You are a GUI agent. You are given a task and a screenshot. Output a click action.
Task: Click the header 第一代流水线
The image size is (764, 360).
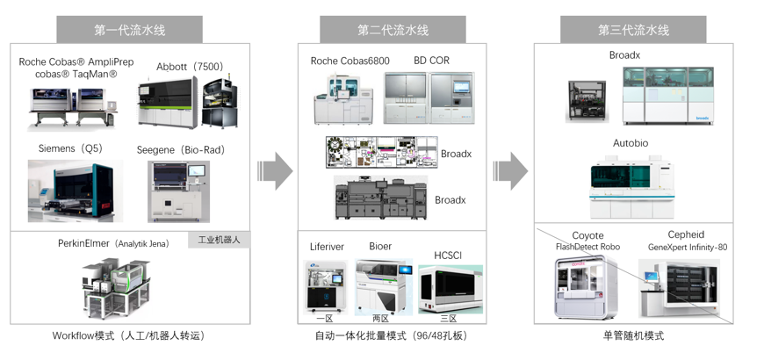tap(130, 29)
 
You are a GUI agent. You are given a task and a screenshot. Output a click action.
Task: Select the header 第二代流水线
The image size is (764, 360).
tap(393, 29)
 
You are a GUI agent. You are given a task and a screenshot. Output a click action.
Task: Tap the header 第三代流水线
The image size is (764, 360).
tap(633, 29)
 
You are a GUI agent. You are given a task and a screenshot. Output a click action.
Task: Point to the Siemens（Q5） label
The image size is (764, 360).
tap(69, 148)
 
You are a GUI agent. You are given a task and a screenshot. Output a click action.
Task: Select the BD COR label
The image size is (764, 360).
tap(431, 61)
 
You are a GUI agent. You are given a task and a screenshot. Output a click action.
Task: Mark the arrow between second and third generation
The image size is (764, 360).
tap(511, 170)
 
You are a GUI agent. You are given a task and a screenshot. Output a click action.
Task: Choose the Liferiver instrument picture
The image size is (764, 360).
tap(325, 285)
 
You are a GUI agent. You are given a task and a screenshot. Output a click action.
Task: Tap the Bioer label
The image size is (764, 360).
tap(380, 247)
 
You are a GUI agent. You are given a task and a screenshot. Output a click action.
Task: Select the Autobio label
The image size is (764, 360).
tap(632, 142)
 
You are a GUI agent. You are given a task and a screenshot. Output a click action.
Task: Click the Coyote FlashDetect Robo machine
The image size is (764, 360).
tap(587, 286)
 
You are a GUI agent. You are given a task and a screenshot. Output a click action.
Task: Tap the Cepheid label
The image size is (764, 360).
tap(686, 235)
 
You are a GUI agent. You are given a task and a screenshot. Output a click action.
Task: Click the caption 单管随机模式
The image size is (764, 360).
tap(633, 336)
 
